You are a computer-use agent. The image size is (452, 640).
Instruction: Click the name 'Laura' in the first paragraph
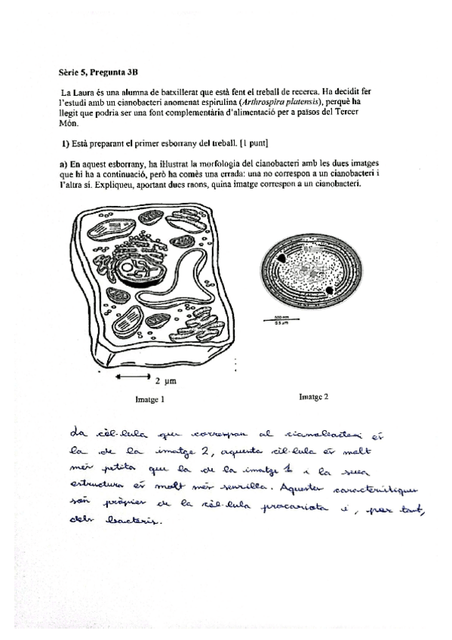tap(89, 91)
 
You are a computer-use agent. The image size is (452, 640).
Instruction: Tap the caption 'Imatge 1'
tap(150, 398)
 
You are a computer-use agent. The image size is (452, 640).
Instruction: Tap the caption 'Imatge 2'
tap(313, 395)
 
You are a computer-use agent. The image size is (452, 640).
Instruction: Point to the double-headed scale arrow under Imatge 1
tap(134, 375)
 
